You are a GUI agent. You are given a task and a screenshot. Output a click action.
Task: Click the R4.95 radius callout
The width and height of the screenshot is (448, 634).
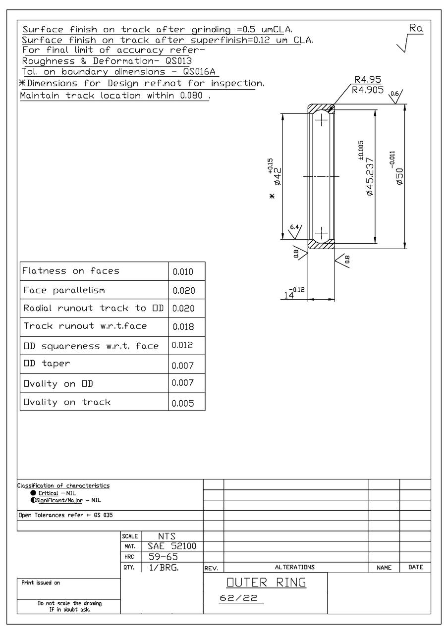tap(367, 80)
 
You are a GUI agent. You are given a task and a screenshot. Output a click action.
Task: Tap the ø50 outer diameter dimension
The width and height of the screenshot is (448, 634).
tap(399, 176)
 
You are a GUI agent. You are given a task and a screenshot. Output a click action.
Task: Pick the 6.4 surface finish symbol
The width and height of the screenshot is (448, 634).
tap(294, 227)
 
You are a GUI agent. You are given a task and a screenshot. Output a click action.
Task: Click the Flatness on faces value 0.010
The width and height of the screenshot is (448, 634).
tap(182, 272)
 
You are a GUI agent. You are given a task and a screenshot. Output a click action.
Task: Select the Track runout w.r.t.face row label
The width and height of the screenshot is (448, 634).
tap(85, 326)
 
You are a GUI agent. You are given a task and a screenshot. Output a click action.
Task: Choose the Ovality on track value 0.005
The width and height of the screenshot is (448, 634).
tap(182, 403)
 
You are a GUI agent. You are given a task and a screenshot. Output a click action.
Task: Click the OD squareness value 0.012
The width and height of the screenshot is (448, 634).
tap(182, 345)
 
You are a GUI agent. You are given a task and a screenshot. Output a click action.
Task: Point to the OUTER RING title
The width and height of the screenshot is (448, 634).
tap(266, 582)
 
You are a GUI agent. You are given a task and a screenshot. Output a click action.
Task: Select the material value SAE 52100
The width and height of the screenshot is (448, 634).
tap(172, 546)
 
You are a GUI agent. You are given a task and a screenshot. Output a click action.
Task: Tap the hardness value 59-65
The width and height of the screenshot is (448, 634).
tap(164, 557)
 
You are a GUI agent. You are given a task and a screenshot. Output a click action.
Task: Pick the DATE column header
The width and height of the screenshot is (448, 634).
tap(415, 568)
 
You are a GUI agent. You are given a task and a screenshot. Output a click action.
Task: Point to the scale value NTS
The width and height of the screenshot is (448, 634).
tap(167, 536)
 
